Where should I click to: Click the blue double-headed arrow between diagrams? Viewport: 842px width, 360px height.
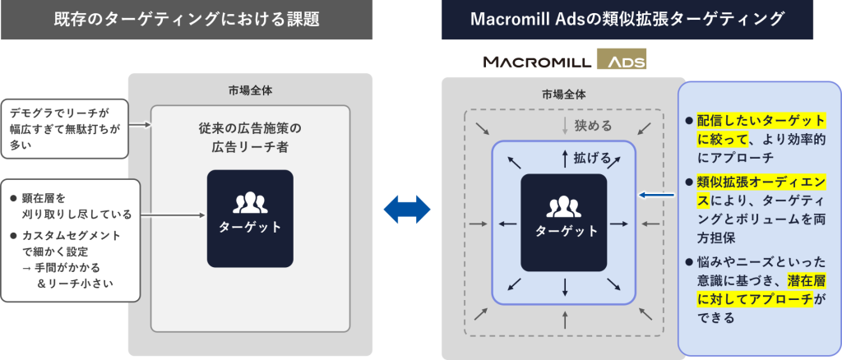(x=407, y=210)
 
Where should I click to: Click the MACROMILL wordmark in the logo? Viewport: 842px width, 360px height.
(x=538, y=62)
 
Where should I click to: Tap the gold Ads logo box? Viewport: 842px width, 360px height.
(x=622, y=59)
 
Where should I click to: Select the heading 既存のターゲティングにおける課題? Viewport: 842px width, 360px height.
(x=187, y=20)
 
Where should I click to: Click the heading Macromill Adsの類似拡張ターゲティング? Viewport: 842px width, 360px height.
(x=634, y=20)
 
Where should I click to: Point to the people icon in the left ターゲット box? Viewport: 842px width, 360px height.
(x=250, y=202)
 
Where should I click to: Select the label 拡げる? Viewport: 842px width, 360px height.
(x=592, y=159)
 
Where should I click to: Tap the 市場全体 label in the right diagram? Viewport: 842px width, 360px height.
(x=564, y=95)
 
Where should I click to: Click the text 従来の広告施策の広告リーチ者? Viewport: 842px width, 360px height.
(x=250, y=137)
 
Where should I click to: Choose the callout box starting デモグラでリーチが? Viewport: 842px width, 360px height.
(x=65, y=128)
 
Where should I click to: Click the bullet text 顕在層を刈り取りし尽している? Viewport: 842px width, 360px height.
(x=72, y=206)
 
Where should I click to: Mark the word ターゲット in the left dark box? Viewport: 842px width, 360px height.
(x=250, y=227)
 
